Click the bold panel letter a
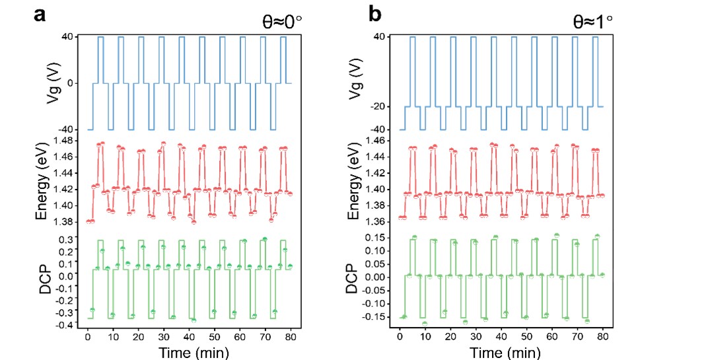pyautogui.click(x=40, y=15)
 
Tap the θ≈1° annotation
pyautogui.click(x=592, y=22)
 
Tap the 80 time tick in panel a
pyautogui.click(x=291, y=337)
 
